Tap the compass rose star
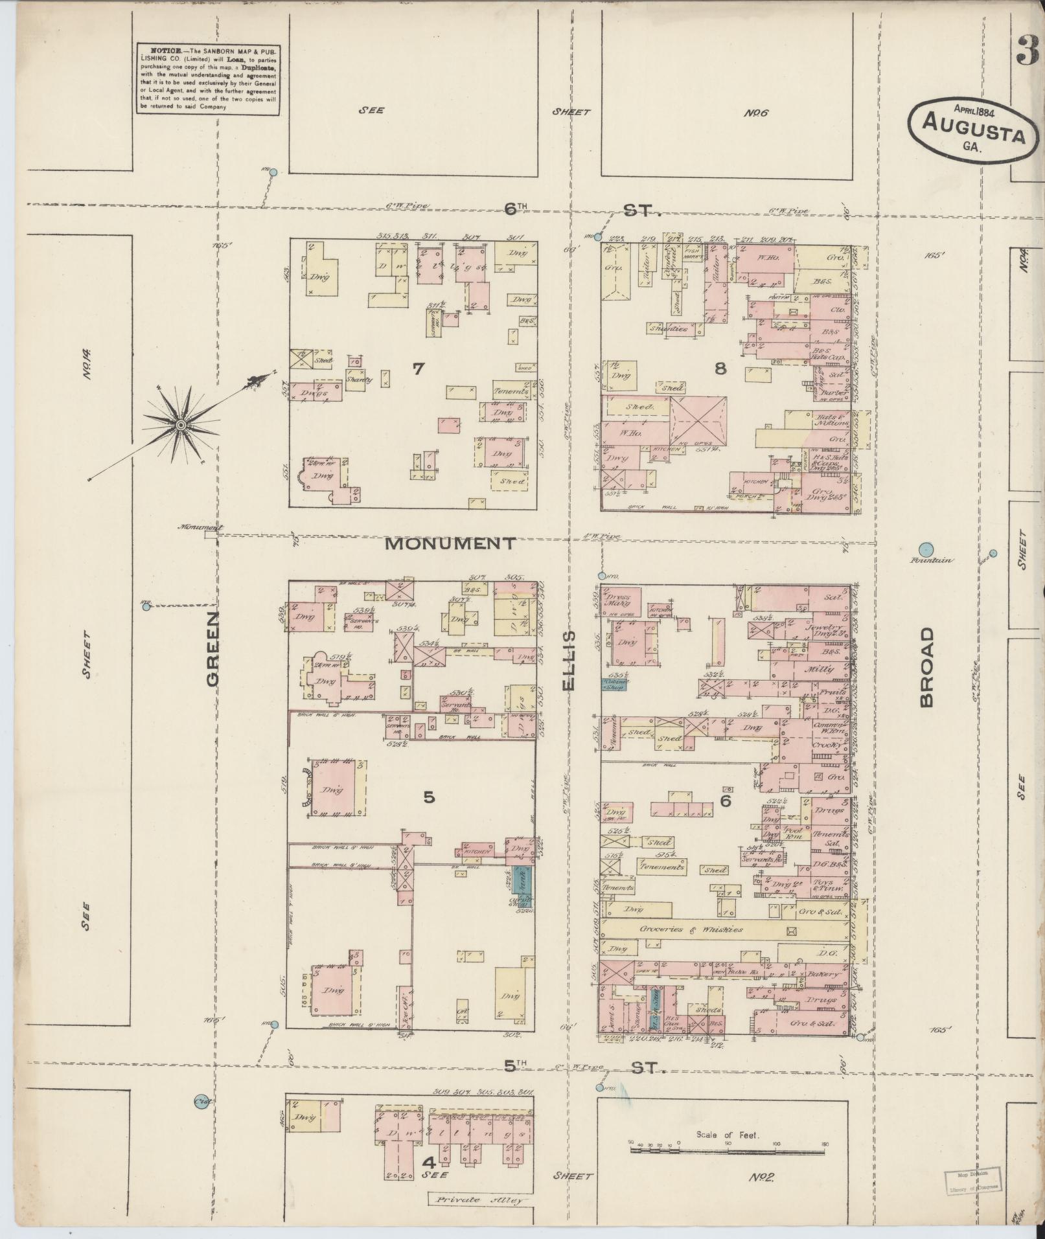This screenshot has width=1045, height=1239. [181, 424]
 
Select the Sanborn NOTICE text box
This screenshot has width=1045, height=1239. [208, 79]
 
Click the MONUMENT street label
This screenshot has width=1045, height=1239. [450, 543]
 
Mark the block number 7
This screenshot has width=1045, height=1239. [418, 369]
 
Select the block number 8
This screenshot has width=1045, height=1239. [720, 369]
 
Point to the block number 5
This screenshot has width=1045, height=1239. [429, 798]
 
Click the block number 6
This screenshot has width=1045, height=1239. [726, 801]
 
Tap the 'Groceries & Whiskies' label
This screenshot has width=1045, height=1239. [691, 929]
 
